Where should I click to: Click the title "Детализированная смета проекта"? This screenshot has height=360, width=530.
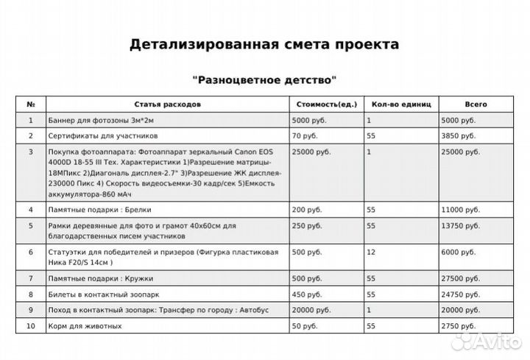pyautogui.click(x=264, y=44)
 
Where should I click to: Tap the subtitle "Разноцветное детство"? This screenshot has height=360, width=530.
pyautogui.click(x=264, y=78)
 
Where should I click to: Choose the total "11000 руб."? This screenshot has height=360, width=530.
pyautogui.click(x=460, y=210)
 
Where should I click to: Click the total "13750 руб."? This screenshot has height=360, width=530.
pyautogui.click(x=460, y=226)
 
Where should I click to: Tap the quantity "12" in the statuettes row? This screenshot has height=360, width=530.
pyautogui.click(x=371, y=253)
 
